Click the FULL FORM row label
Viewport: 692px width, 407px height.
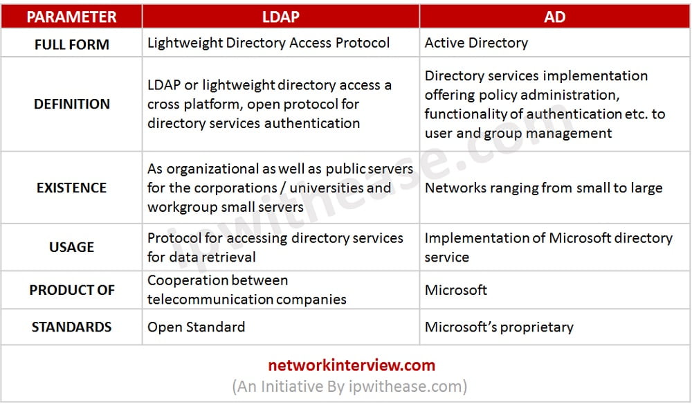pyautogui.click(x=71, y=44)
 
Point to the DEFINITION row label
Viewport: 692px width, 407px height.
pyautogui.click(x=71, y=104)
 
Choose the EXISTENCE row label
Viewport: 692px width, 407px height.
pyautogui.click(x=71, y=188)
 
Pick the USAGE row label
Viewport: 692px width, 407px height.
pyautogui.click(x=71, y=247)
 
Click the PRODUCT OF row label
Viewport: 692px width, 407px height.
pyautogui.click(x=71, y=290)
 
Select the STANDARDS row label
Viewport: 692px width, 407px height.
pyautogui.click(x=71, y=327)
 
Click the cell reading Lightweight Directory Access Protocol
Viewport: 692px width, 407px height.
pyautogui.click(x=268, y=43)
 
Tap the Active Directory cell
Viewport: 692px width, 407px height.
pyautogui.click(x=476, y=43)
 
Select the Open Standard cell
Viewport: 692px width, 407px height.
pyautogui.click(x=196, y=327)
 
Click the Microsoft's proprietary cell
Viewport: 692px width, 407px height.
pyautogui.click(x=499, y=327)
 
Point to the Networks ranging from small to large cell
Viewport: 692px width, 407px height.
pyautogui.click(x=543, y=188)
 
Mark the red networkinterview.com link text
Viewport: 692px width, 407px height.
pyautogui.click(x=352, y=365)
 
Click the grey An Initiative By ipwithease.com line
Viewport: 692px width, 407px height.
pyautogui.click(x=349, y=386)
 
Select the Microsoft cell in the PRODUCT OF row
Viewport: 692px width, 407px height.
pyautogui.click(x=456, y=290)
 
